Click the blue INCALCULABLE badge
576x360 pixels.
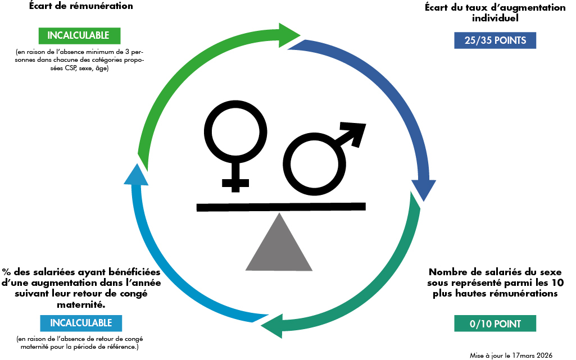(x=81, y=323)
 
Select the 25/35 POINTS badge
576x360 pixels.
(x=495, y=40)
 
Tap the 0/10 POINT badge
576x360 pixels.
(x=495, y=323)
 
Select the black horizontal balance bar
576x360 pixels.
(x=281, y=207)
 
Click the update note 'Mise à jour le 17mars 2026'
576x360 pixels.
(x=511, y=356)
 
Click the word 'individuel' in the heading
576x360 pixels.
(x=495, y=18)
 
